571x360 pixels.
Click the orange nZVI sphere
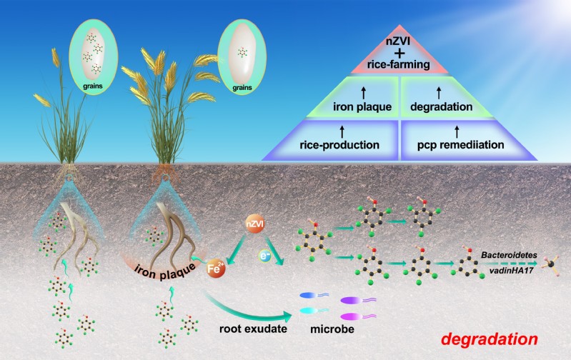pos(255,224)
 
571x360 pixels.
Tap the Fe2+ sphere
pos(216,269)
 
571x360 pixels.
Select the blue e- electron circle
pos(264,256)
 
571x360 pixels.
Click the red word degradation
pos(490,339)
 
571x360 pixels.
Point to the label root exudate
pos(253,329)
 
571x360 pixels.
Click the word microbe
pos(332,329)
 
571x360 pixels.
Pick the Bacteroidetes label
pos(509,255)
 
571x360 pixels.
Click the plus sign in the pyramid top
pos(400,54)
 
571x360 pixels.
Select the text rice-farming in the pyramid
pos(398,65)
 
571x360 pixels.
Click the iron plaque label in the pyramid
pos(362,106)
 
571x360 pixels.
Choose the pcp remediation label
pos(461,145)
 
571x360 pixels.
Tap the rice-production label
pos(339,145)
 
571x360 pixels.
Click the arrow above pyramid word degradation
pos(439,93)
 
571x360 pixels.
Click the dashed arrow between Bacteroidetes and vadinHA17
pos(510,263)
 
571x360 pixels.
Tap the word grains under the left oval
pos(93,86)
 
